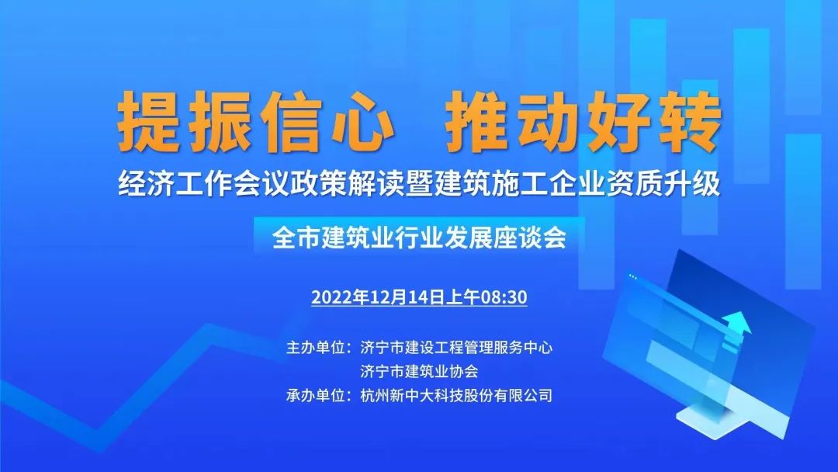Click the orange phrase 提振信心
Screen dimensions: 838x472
pyautogui.click(x=255, y=121)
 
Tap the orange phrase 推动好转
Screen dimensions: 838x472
pyautogui.click(x=583, y=121)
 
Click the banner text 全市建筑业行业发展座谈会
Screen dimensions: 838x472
pyautogui.click(x=419, y=238)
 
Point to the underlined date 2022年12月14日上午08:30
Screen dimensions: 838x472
pyautogui.click(x=419, y=297)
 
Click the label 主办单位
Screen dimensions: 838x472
pyautogui.click(x=315, y=348)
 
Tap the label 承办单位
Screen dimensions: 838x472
pyautogui.click(x=315, y=396)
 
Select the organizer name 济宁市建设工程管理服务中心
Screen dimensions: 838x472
pyautogui.click(x=456, y=348)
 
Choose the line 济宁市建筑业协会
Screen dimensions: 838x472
pyautogui.click(x=419, y=372)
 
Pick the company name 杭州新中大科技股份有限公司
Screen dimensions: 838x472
pyautogui.click(x=456, y=396)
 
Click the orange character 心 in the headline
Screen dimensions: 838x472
pyautogui.click(x=362, y=121)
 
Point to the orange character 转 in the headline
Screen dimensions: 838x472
pyautogui.click(x=691, y=121)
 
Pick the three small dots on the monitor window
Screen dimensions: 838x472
pyautogui.click(x=633, y=276)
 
